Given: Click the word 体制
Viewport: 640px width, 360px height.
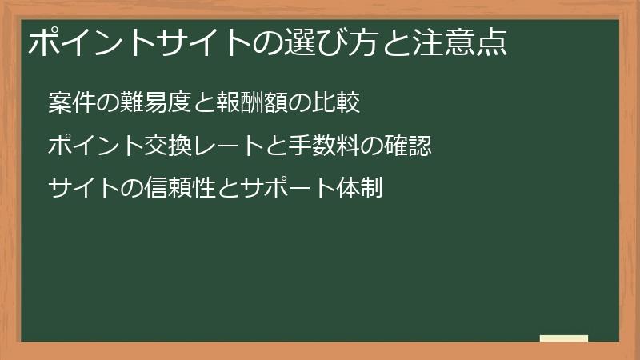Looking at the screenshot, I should [362, 189].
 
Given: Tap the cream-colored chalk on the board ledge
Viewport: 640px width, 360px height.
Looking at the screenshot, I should [564, 338].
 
